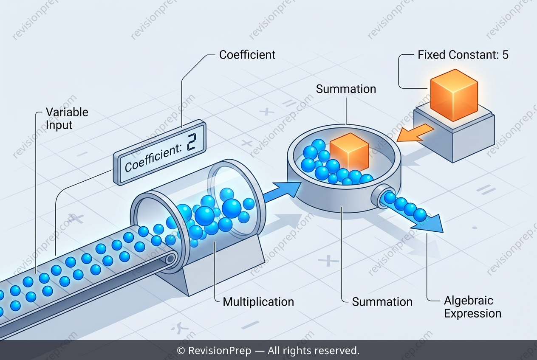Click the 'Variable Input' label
coord(67,118)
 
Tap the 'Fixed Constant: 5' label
coord(463,55)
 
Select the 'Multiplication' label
coord(258,302)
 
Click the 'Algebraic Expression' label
coord(472,307)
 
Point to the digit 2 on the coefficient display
coord(191,142)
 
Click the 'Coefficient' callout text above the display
coord(247,55)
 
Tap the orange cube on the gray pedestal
coord(454,95)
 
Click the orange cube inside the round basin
coord(349,152)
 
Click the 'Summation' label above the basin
coord(346,89)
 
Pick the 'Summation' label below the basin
coord(382,302)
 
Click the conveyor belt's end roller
coord(170,259)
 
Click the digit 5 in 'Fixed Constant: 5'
coord(505,55)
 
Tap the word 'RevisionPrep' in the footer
coord(220,351)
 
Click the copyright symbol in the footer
coord(181,351)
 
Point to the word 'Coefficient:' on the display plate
coord(153,157)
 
